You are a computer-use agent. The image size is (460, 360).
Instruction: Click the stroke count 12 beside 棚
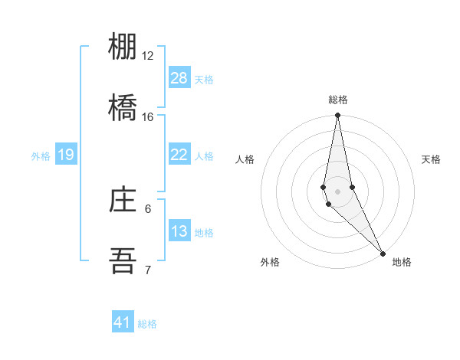148,56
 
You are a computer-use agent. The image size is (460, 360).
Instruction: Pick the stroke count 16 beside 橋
148,117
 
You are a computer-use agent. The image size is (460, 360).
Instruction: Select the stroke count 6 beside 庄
148,208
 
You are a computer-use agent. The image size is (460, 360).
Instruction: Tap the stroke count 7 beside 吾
148,270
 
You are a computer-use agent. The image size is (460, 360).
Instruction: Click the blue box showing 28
179,78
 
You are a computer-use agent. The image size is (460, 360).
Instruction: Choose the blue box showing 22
179,155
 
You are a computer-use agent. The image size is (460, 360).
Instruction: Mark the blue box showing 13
179,231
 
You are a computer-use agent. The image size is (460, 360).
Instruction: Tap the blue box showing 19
66,155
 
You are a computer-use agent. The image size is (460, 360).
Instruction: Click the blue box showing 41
123,322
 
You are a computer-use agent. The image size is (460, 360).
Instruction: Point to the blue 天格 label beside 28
203,80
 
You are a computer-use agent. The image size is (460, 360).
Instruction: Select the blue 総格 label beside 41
147,324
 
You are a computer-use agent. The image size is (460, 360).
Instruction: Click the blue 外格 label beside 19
41,156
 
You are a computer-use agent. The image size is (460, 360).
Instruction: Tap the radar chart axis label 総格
338,100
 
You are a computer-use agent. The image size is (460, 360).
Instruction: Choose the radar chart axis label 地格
402,262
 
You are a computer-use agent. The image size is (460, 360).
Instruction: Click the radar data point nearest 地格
383,251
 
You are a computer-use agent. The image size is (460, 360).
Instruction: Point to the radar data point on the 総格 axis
337,116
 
